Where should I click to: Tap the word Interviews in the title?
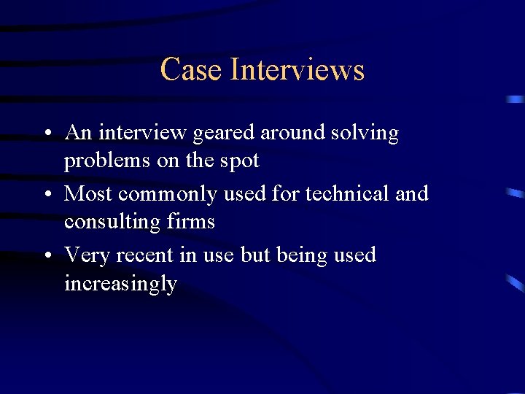point(297,70)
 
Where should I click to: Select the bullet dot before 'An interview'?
point(47,134)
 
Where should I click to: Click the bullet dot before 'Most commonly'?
point(47,196)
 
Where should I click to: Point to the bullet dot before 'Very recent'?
point(47,257)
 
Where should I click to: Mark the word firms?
point(192,220)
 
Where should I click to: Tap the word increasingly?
point(120,283)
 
